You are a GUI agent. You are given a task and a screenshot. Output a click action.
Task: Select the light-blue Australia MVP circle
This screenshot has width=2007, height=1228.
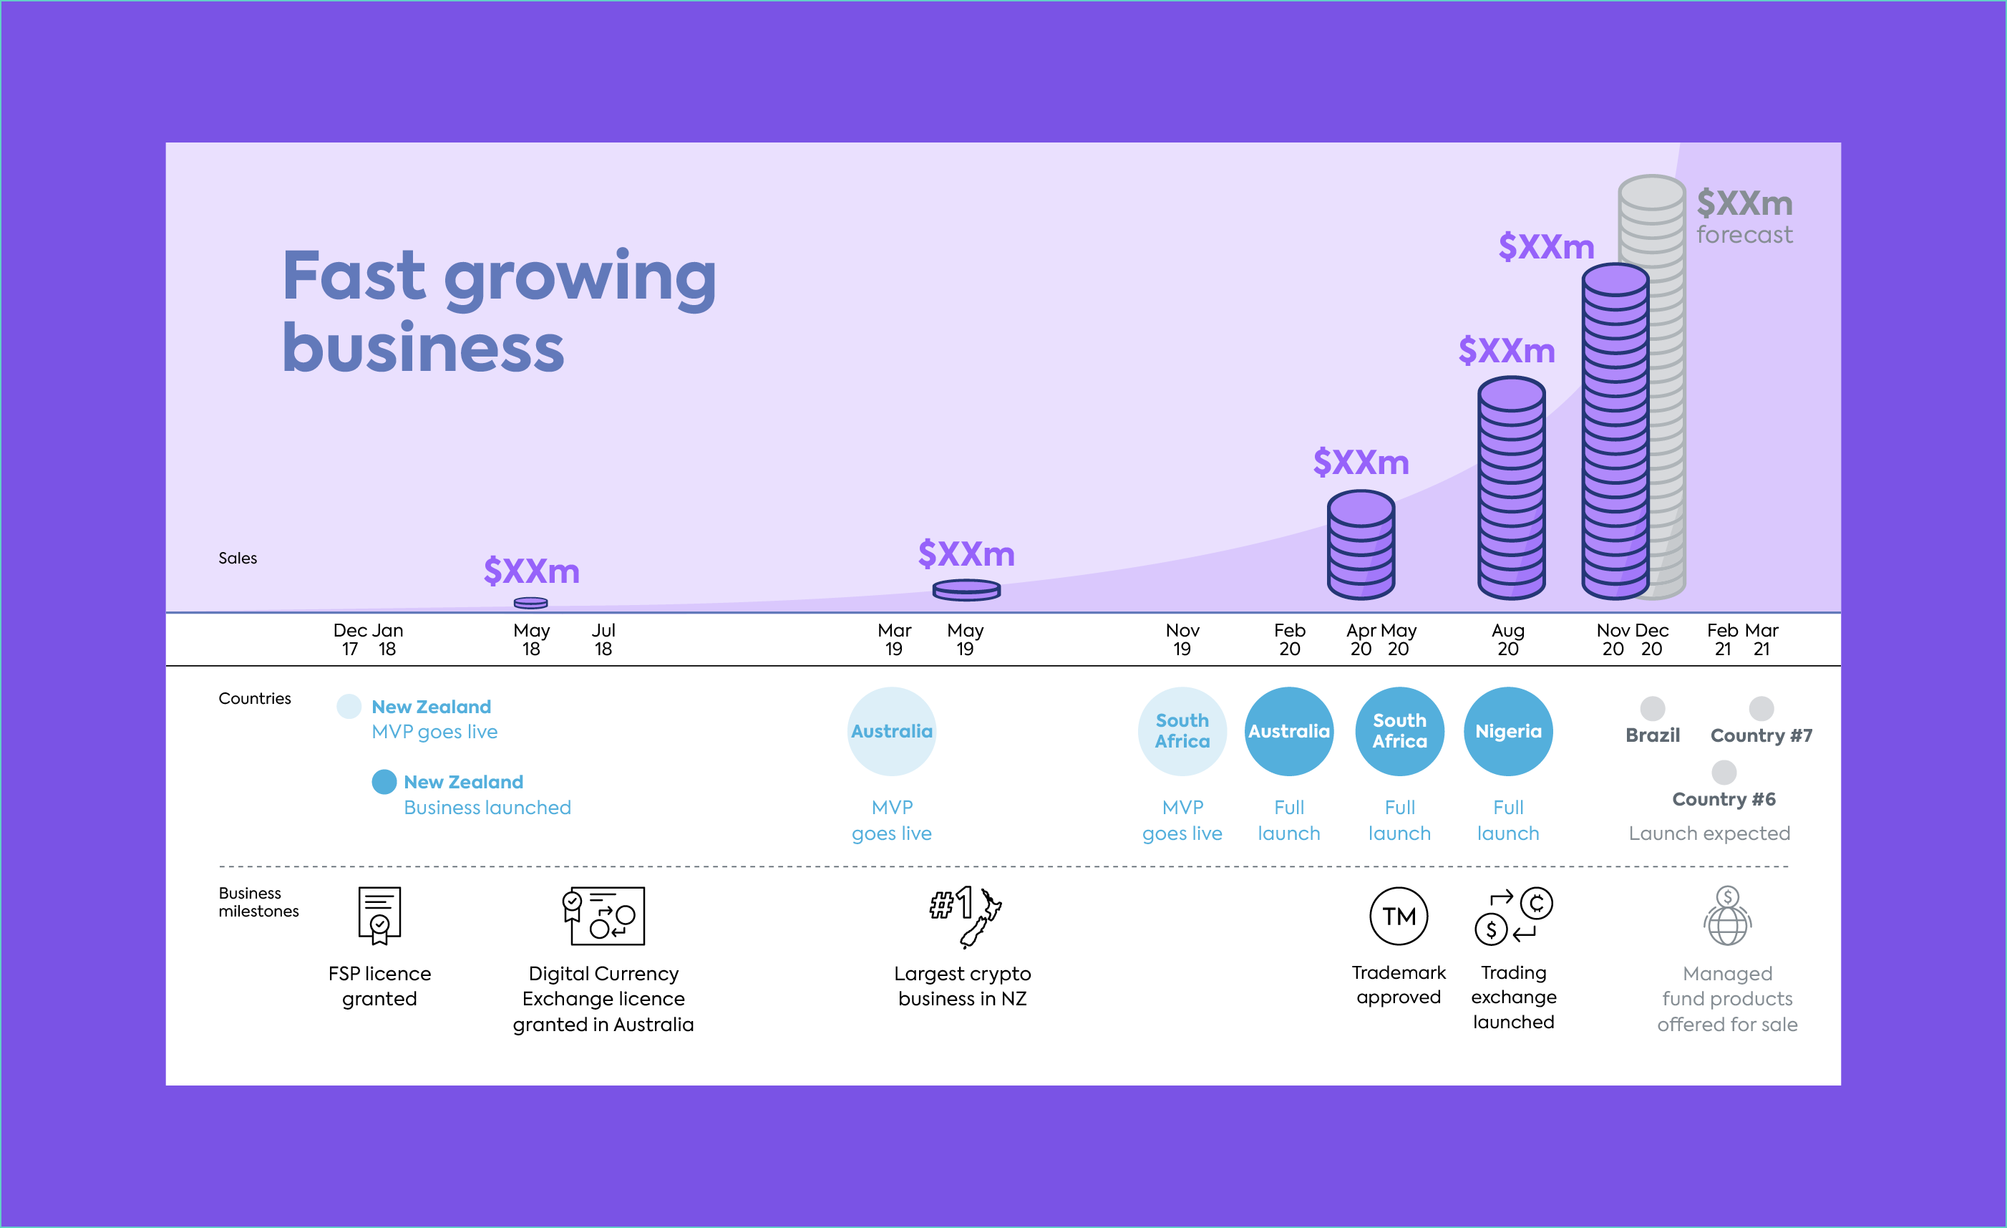click(892, 731)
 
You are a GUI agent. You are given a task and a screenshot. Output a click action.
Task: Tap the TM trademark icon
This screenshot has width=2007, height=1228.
click(1399, 916)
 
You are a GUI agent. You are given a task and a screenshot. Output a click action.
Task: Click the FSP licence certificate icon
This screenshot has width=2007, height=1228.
click(379, 916)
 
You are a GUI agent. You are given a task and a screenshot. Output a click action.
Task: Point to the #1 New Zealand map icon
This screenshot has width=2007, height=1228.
click(966, 917)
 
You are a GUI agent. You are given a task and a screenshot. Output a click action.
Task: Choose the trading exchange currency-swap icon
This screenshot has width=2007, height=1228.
click(1513, 916)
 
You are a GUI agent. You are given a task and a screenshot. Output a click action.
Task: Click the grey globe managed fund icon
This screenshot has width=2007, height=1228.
click(1727, 916)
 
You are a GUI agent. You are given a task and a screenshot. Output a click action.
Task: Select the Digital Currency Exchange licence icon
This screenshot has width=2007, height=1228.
click(603, 916)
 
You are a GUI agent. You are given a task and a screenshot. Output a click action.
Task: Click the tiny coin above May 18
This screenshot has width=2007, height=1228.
click(531, 603)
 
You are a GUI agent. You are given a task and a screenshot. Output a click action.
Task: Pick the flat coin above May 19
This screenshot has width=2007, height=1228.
click(966, 589)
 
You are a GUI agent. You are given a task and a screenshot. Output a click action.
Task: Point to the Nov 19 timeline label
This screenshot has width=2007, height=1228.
click(1182, 639)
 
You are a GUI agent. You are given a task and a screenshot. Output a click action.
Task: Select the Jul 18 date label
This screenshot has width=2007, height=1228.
click(603, 639)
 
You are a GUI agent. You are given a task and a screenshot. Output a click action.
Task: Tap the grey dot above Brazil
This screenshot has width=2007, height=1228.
click(1652, 708)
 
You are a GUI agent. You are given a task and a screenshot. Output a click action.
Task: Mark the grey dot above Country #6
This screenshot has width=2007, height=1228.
click(1724, 772)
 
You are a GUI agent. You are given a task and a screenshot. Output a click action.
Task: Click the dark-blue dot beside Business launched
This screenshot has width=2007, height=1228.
click(384, 781)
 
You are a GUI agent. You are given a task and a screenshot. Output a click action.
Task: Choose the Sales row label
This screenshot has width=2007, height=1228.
click(238, 559)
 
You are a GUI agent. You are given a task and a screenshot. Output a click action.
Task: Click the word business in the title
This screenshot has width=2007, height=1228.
click(423, 347)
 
